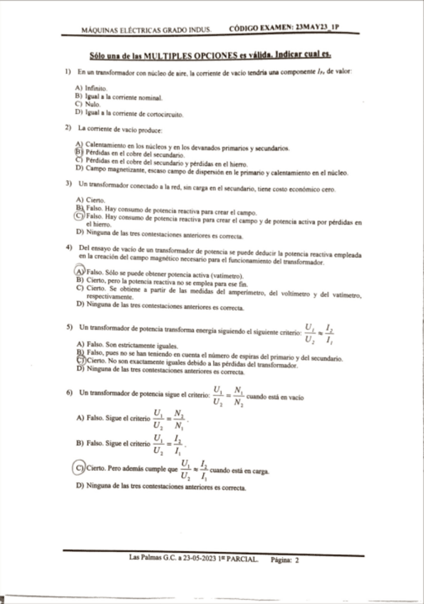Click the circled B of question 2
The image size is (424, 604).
79,155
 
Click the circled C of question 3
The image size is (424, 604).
79,216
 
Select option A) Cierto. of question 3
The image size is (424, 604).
91,199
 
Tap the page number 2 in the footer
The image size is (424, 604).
296,560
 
